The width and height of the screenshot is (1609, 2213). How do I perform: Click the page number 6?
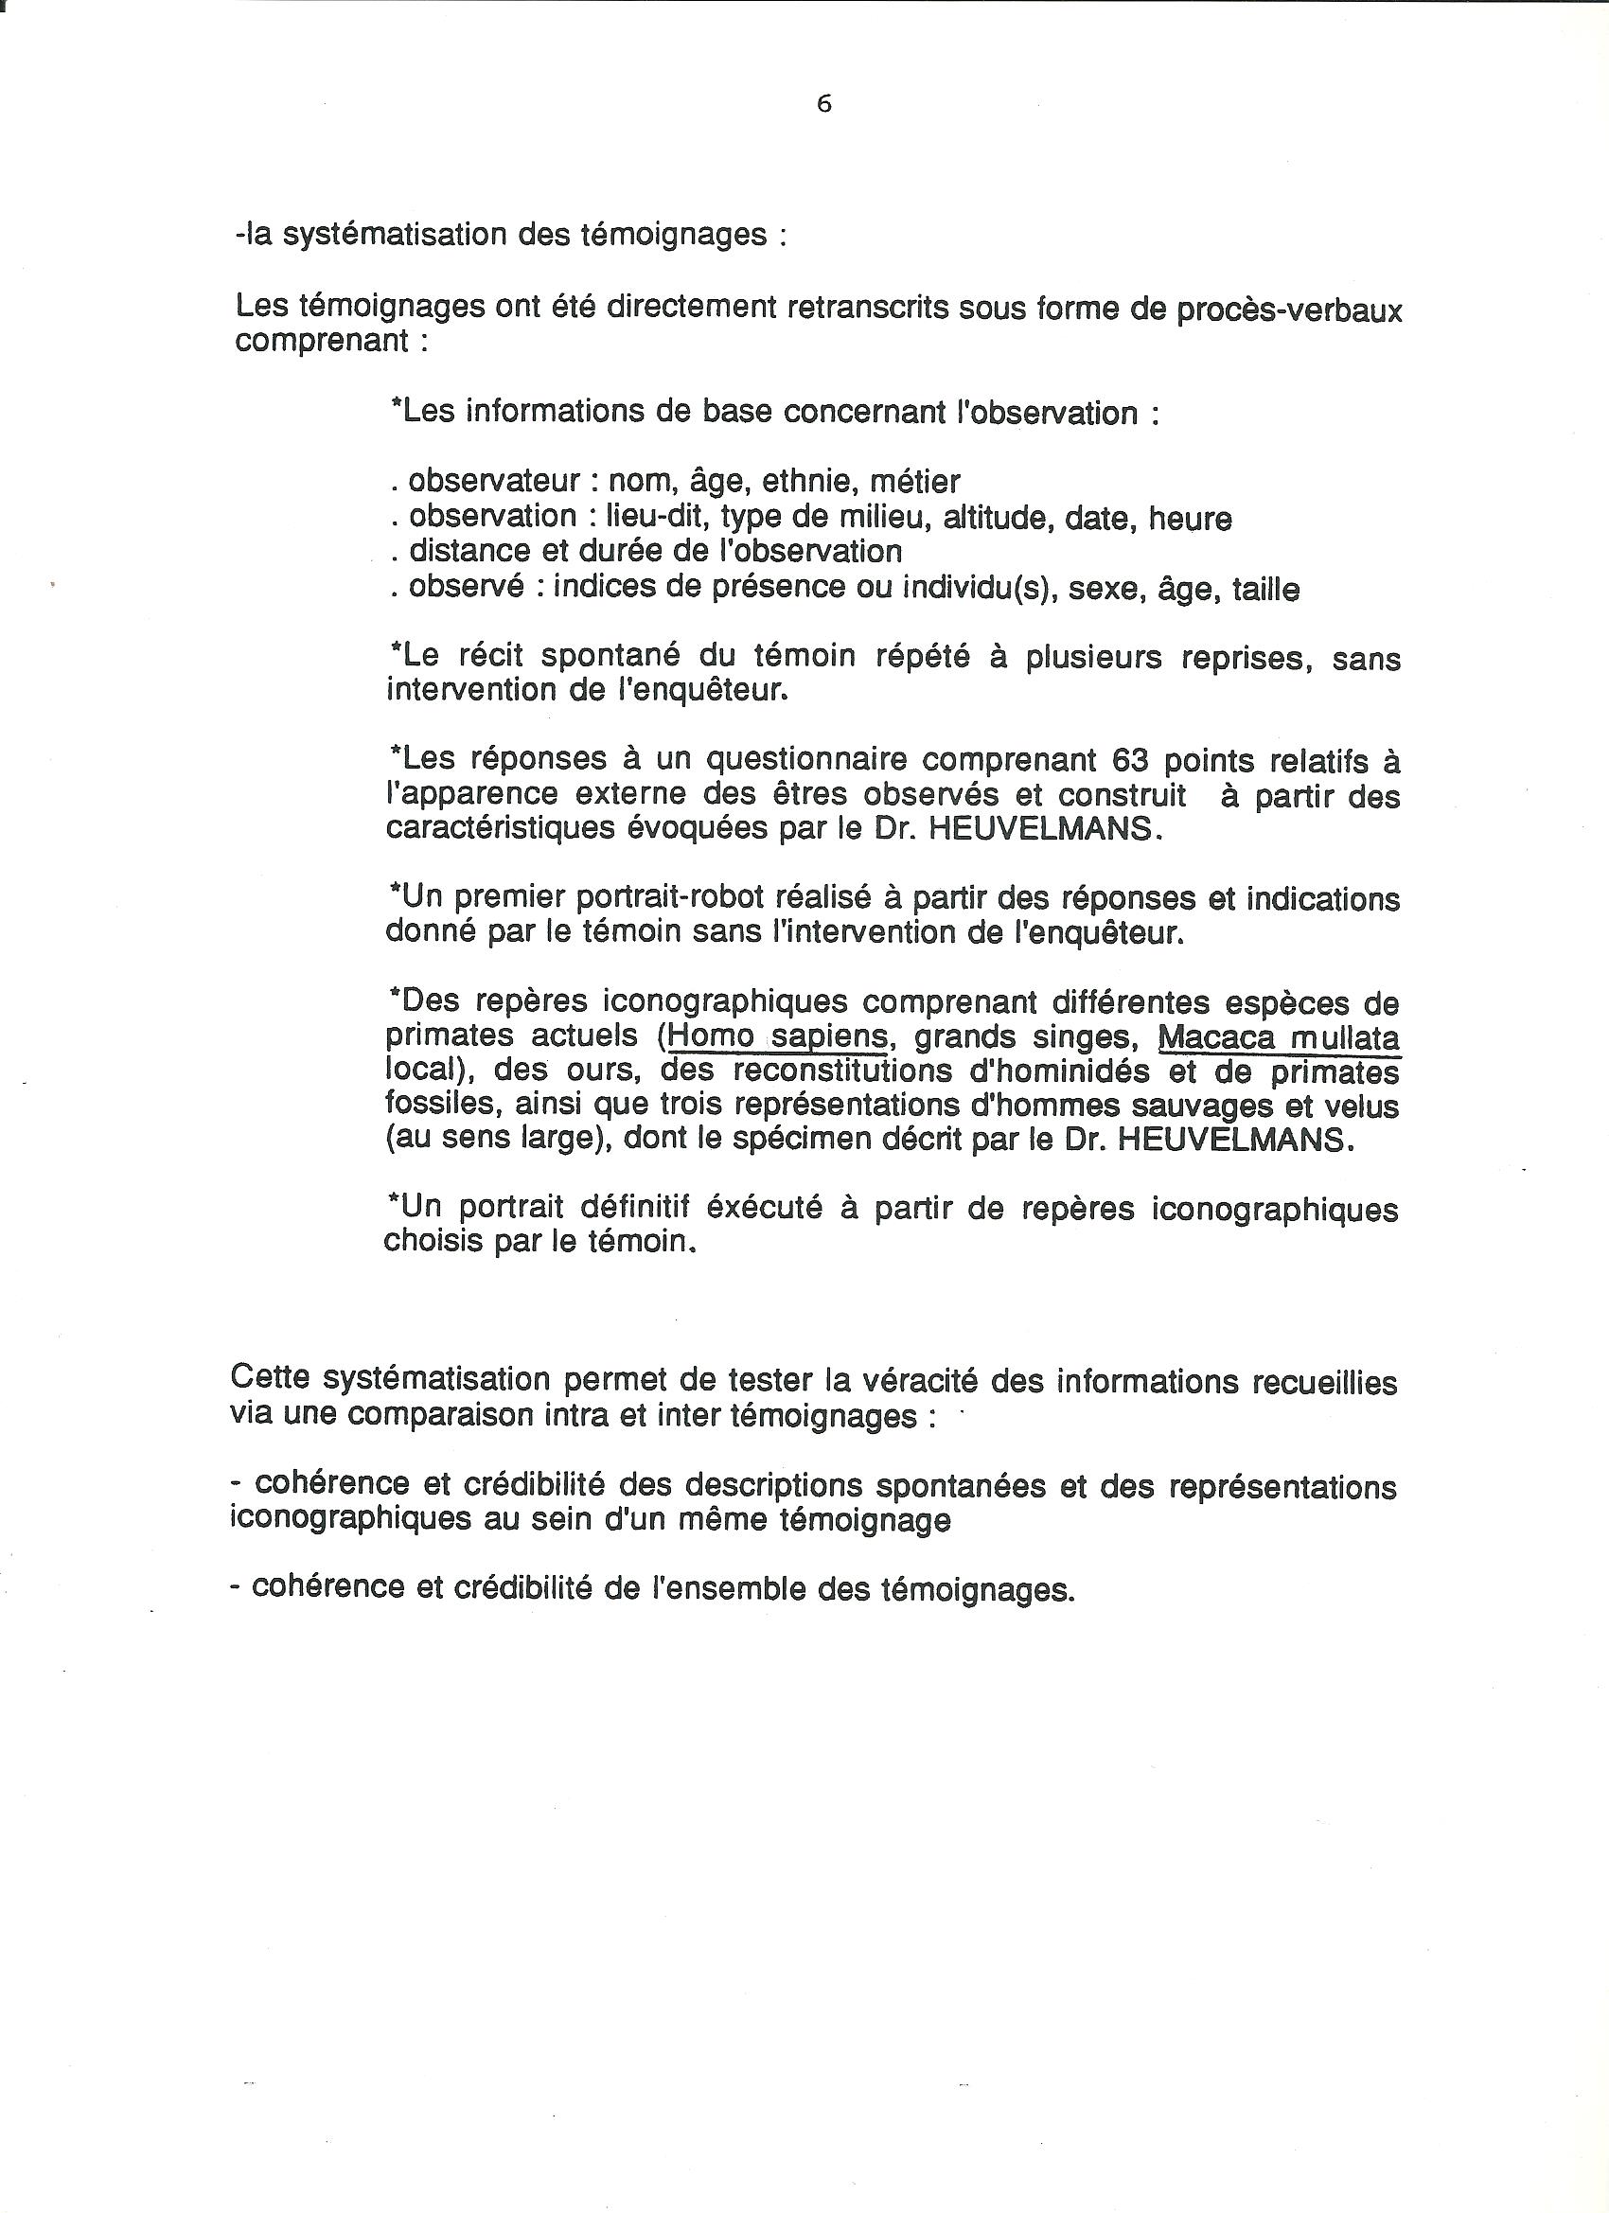coord(823,104)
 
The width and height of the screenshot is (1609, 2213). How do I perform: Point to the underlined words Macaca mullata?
coord(1279,1037)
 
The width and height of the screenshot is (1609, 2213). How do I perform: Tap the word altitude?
coord(992,517)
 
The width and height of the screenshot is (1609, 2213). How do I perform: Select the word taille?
coord(1265,590)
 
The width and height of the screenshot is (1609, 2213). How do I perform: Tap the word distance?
coord(465,552)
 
